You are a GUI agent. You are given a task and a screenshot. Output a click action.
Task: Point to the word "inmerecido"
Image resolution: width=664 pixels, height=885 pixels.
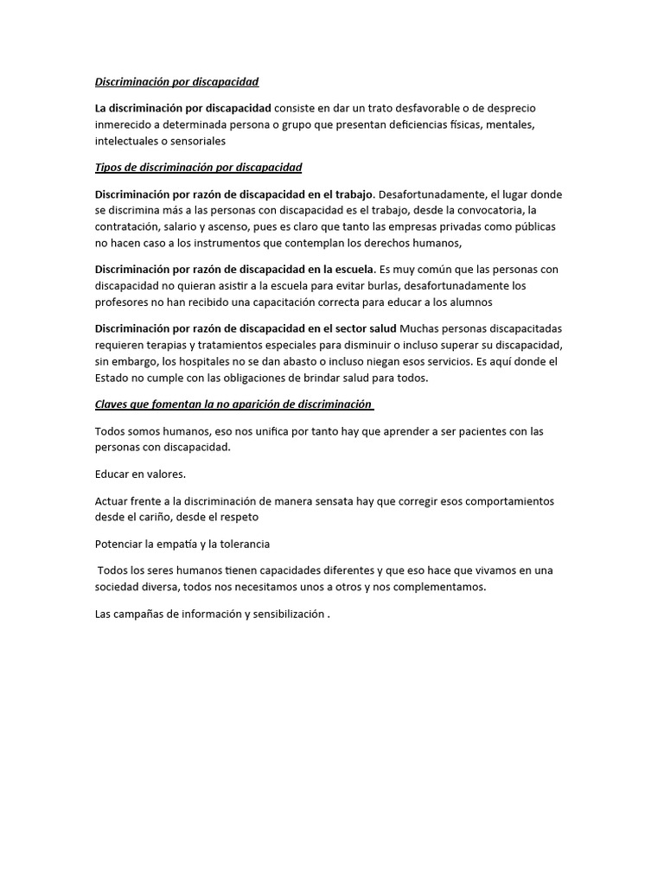click(124, 124)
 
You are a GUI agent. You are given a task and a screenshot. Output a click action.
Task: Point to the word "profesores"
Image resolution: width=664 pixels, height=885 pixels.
click(123, 302)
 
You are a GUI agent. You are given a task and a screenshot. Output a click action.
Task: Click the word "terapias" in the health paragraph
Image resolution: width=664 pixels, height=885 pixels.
click(176, 345)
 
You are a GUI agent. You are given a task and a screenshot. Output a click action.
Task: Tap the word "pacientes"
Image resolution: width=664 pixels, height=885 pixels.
click(463, 430)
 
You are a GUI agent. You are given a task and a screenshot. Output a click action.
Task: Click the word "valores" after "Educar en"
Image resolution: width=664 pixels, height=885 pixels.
click(167, 474)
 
